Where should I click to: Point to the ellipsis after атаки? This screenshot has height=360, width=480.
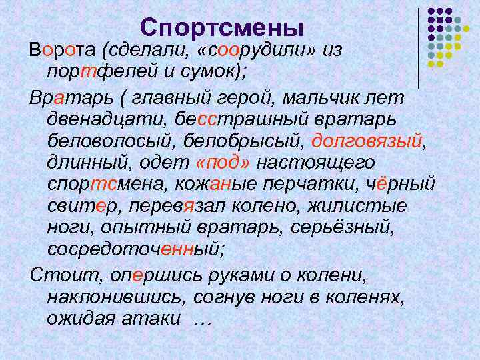201,319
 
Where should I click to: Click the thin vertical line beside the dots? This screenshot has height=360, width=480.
419,47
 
